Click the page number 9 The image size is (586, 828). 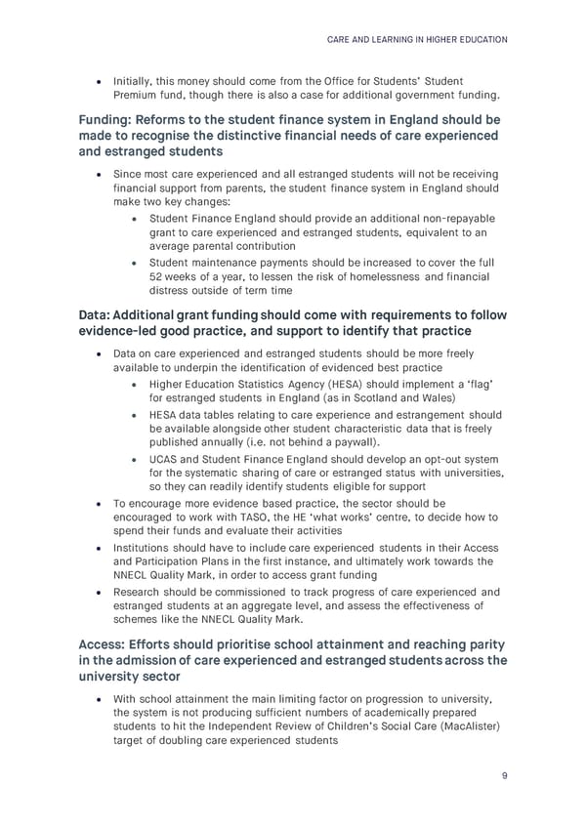(x=503, y=776)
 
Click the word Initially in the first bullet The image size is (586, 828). (x=136, y=79)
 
